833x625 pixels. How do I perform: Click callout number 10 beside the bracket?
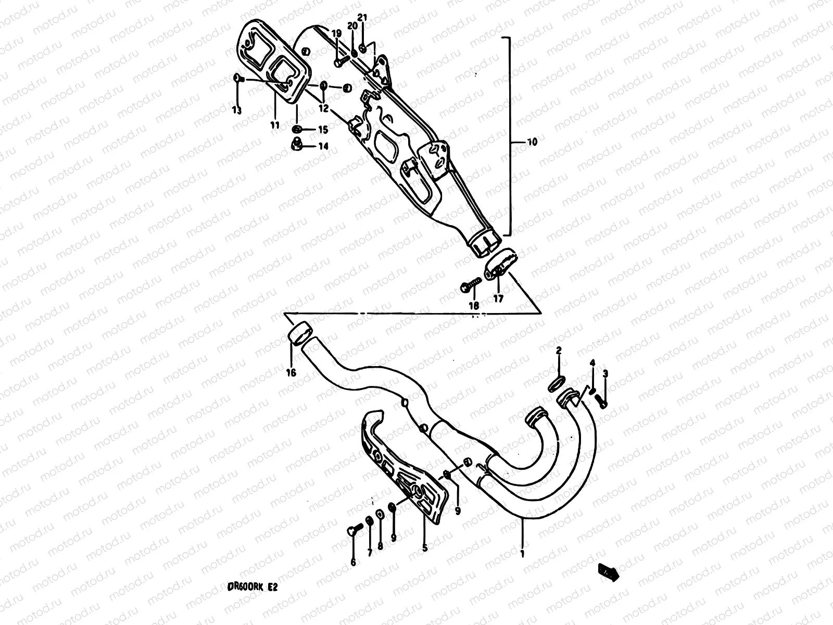coord(532,142)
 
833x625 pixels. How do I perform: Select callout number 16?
coord(291,372)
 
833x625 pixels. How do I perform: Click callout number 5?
coord(424,547)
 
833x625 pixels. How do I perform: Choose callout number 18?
coord(474,306)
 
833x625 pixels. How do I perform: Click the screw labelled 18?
coord(471,286)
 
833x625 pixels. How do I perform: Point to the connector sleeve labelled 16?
coord(299,334)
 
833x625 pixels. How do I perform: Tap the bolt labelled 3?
coord(603,402)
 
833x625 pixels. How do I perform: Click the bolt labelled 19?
coord(339,61)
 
